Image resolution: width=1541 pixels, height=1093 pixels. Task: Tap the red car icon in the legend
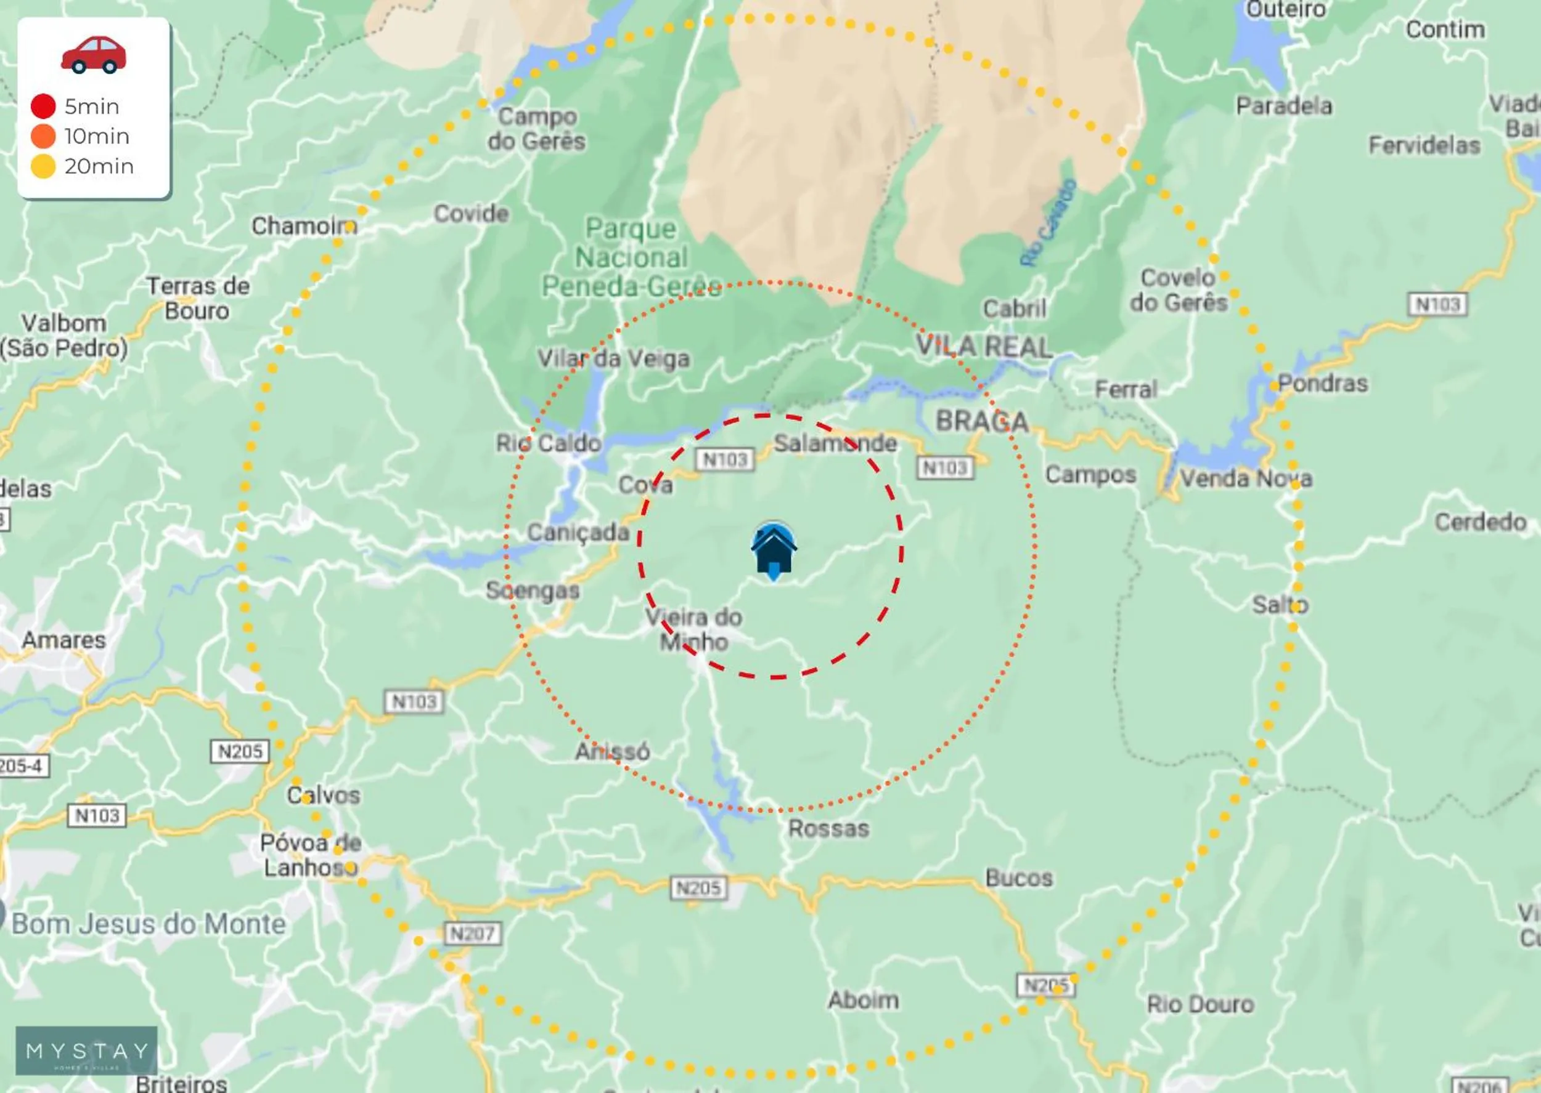pos(94,55)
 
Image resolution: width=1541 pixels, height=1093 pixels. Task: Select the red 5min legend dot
pos(43,107)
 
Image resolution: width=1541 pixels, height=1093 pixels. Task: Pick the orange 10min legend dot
pos(43,136)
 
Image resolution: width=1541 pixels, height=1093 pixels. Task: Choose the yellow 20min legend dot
pos(43,166)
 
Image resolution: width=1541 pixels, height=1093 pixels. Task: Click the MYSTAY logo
pos(87,1050)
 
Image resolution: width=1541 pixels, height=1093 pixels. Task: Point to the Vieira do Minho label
pos(693,629)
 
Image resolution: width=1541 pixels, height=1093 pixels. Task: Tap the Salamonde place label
pos(835,443)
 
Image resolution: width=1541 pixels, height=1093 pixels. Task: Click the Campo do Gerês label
pos(537,129)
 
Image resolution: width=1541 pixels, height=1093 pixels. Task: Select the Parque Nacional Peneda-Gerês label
pos(632,258)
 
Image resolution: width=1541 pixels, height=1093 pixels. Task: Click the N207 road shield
pos(473,934)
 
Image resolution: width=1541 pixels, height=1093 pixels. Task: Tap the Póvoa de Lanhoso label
pos(311,855)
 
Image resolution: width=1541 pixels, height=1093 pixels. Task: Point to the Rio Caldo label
pos(548,443)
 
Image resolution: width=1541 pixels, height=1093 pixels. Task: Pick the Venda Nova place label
pos(1246,478)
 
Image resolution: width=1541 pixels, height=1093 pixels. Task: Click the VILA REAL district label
pos(984,347)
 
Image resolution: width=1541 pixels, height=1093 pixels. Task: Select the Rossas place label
pos(828,828)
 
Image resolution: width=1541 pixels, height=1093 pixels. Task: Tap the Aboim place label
pos(864,1000)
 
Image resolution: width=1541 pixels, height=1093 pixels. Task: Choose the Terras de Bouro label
pos(198,298)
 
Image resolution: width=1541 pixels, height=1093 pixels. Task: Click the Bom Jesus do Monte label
pos(149,924)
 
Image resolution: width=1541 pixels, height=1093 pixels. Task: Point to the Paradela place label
pos(1284,106)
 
